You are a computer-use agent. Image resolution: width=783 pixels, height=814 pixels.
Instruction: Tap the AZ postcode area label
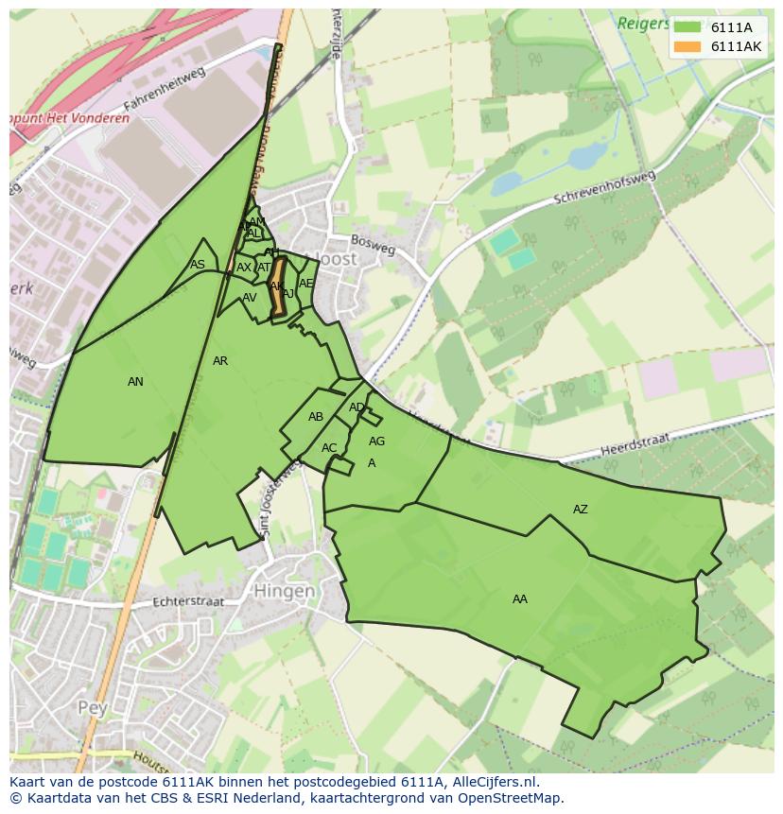pyautogui.click(x=581, y=510)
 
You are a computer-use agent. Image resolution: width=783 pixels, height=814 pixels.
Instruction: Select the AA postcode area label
pyautogui.click(x=520, y=599)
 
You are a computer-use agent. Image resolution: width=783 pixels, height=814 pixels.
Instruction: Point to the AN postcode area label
pyautogui.click(x=135, y=382)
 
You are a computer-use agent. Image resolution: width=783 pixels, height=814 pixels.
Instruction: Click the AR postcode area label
pyautogui.click(x=220, y=361)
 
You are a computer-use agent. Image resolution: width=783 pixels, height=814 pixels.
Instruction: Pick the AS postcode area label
pyautogui.click(x=197, y=265)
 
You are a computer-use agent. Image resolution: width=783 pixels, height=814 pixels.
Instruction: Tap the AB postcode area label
pyautogui.click(x=316, y=417)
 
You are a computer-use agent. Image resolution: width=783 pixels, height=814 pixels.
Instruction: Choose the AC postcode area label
pyautogui.click(x=329, y=448)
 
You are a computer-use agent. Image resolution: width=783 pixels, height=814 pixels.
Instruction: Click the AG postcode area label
pyautogui.click(x=377, y=442)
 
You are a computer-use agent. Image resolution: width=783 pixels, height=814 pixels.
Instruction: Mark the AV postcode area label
pyautogui.click(x=250, y=298)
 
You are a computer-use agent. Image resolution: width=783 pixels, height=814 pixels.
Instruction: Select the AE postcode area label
pyautogui.click(x=305, y=284)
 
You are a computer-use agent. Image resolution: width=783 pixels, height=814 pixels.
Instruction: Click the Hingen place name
pyautogui.click(x=284, y=592)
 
